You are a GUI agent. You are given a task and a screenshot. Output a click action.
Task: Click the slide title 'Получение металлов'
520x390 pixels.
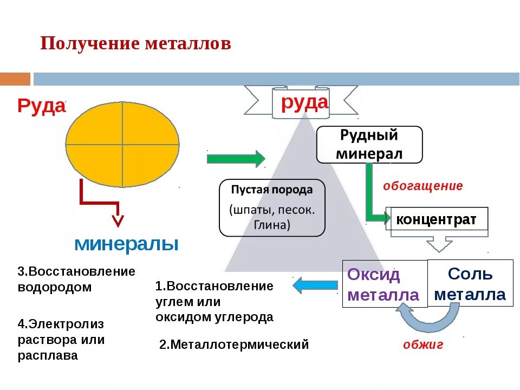tap(135, 44)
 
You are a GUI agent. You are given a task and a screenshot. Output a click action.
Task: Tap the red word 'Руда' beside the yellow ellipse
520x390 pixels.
tap(41, 106)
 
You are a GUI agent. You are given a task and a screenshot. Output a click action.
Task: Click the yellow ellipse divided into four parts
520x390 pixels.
tap(122, 145)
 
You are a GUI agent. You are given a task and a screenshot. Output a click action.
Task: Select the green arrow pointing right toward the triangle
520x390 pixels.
tap(236, 159)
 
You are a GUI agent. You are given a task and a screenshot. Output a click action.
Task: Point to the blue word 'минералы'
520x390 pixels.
tap(126, 244)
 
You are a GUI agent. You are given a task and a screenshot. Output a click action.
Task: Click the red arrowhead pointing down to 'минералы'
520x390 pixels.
tap(118, 220)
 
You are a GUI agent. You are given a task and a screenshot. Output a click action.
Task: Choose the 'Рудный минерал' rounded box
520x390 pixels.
tap(369, 145)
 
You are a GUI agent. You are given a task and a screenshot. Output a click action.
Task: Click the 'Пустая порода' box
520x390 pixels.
tap(272, 208)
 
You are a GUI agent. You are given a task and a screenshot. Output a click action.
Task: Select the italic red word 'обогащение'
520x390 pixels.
tap(423, 186)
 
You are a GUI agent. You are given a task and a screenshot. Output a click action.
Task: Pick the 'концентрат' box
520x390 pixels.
tap(437, 219)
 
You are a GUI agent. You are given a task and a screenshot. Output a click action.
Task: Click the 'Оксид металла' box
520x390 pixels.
tap(384, 284)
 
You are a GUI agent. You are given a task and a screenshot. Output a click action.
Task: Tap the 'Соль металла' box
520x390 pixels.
tap(470, 283)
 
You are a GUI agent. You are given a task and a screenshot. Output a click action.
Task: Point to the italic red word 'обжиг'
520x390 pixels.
tap(423, 344)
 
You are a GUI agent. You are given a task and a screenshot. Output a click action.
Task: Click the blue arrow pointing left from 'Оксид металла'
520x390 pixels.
tap(315, 285)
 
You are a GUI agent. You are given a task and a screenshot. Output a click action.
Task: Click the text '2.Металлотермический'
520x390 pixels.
tap(234, 344)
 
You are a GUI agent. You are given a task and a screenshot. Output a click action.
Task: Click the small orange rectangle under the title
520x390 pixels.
tap(15, 79)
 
